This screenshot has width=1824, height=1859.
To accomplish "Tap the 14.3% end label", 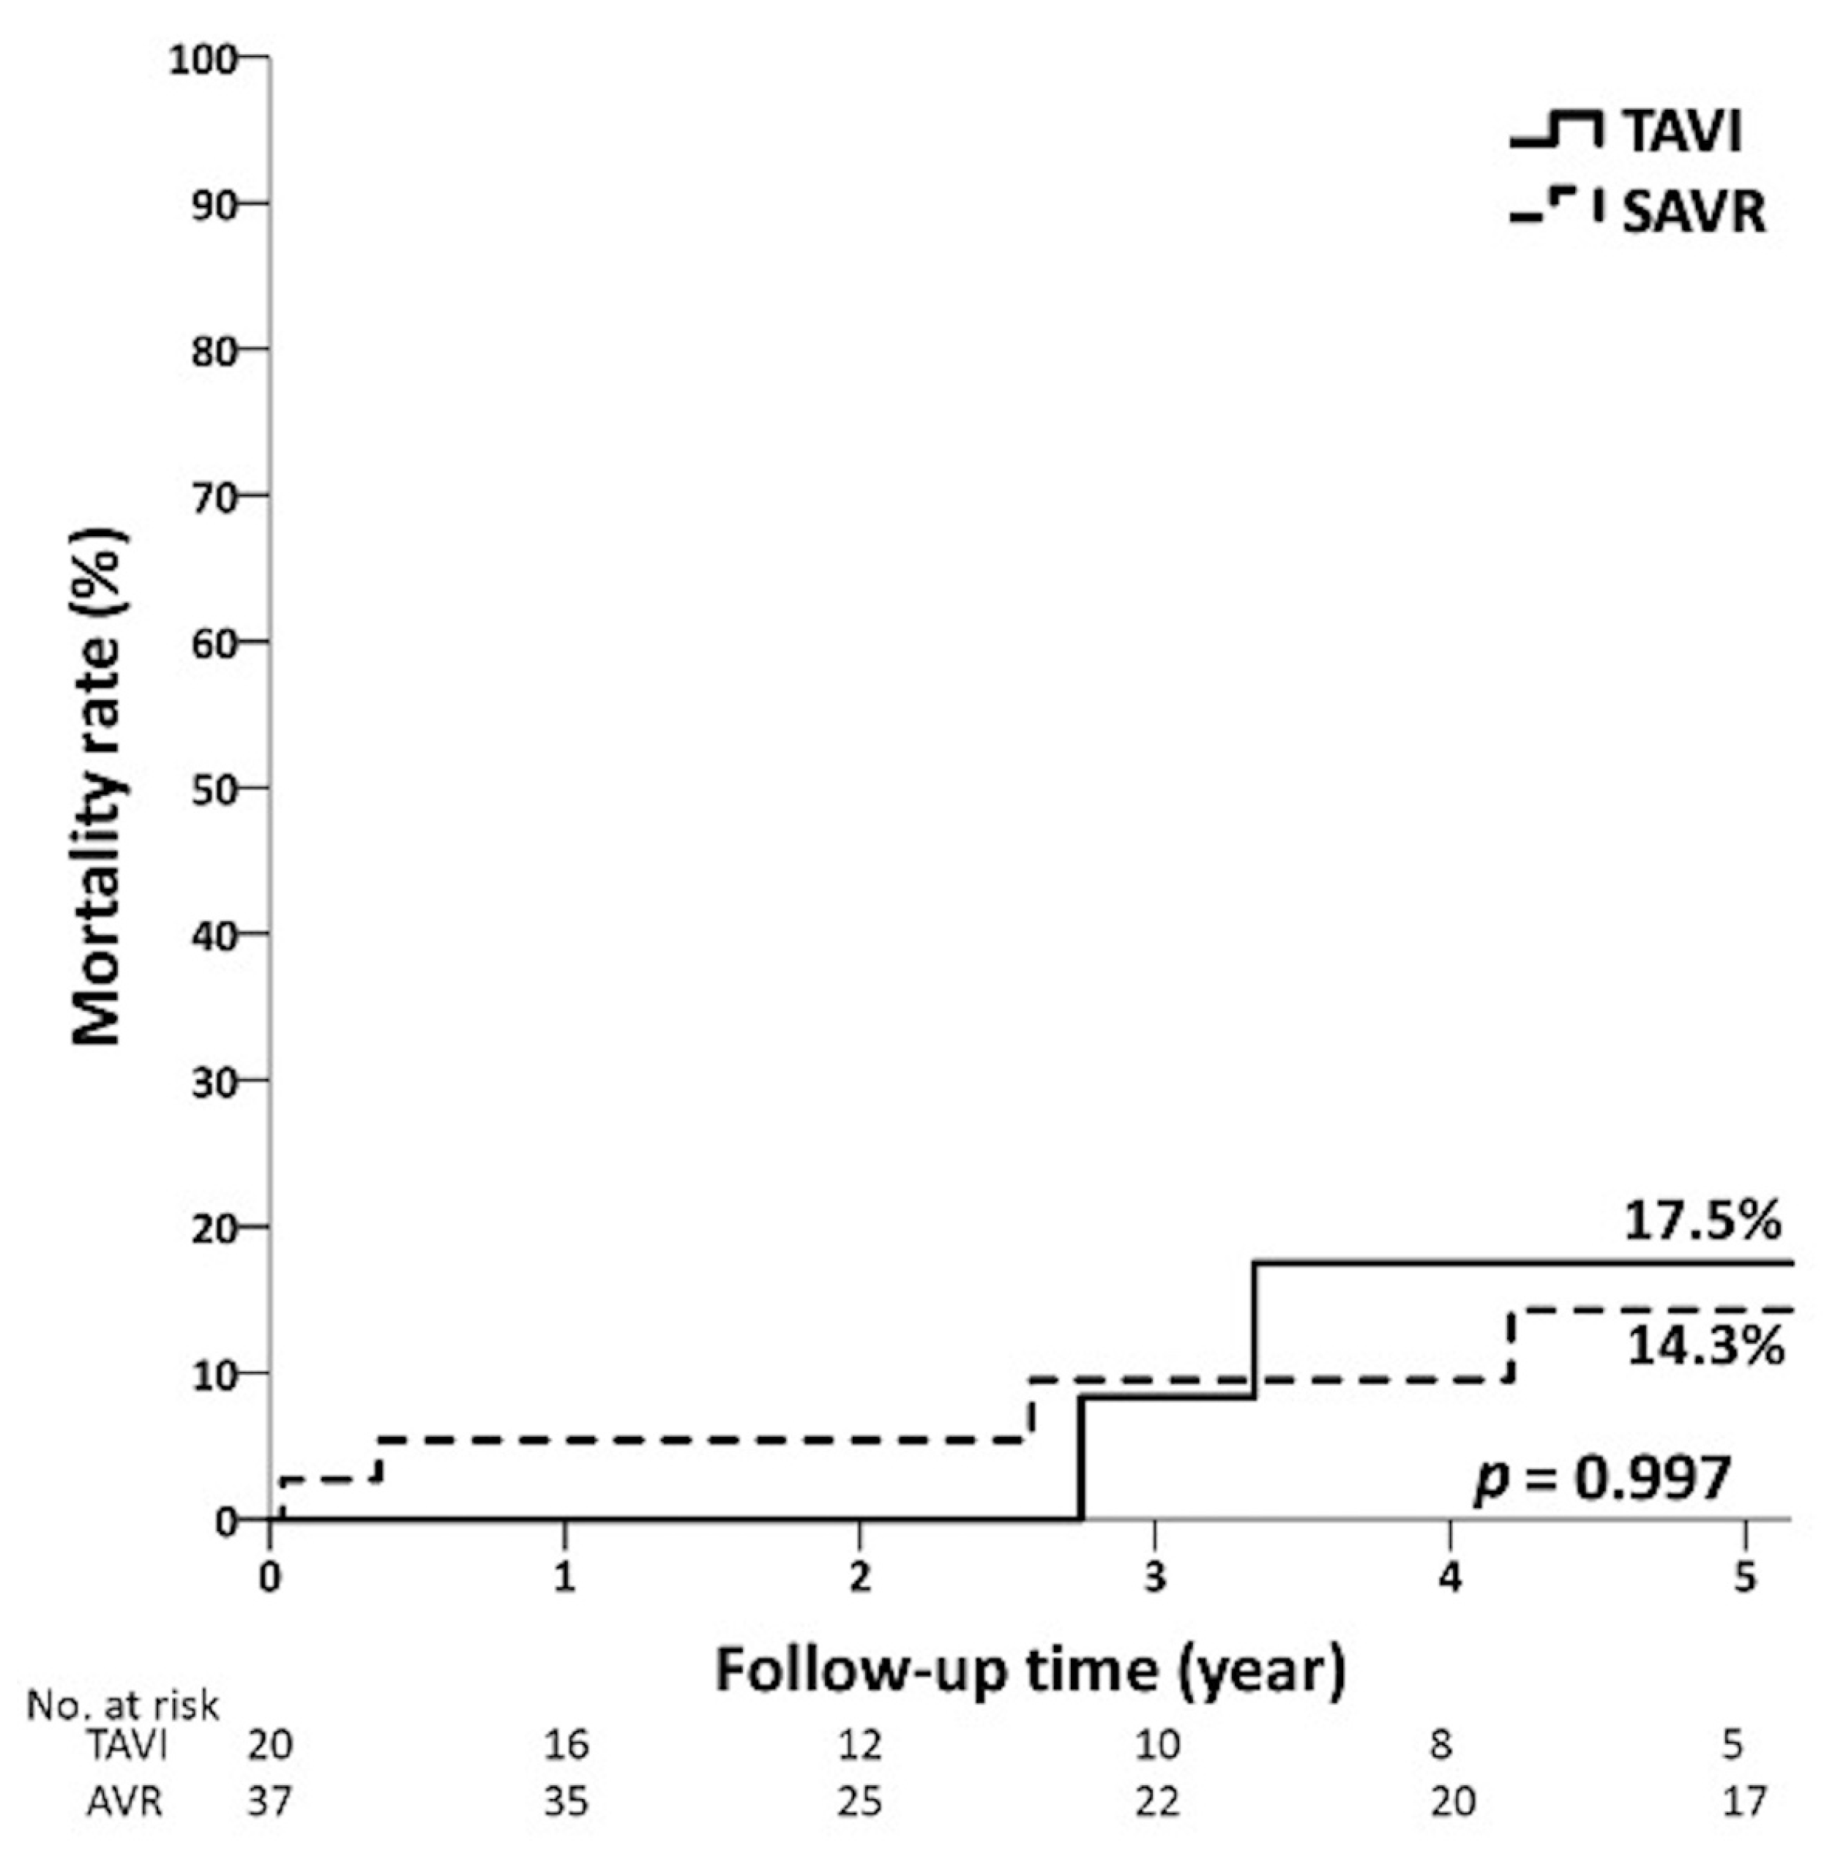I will (1704, 1347).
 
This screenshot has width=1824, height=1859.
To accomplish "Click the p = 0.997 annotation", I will (1601, 1479).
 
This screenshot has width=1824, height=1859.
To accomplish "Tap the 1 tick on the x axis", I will (564, 1577).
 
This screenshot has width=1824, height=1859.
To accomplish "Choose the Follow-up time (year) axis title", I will (1030, 1670).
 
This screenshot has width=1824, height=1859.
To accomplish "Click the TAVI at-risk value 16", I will (567, 1746).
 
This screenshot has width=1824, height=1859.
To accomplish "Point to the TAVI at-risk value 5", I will (1732, 1746).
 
